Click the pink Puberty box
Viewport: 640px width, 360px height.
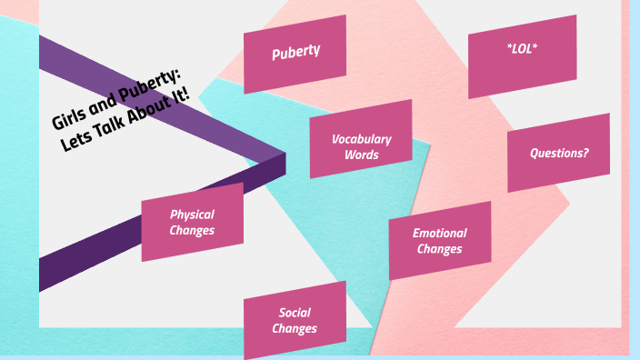(295, 53)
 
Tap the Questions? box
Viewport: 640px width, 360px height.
(558, 153)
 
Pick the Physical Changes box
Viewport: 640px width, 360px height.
(192, 222)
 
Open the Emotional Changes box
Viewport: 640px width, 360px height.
(439, 241)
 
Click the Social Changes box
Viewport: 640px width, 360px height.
(295, 320)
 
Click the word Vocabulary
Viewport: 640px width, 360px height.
(361, 139)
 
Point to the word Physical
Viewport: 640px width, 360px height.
(192, 215)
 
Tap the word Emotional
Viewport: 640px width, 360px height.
(439, 234)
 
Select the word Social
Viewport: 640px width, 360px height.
(295, 313)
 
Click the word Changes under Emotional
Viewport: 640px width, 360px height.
(439, 249)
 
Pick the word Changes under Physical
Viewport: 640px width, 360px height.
(192, 230)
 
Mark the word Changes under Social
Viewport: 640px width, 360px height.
(295, 328)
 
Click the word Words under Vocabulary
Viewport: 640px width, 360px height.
(361, 155)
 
